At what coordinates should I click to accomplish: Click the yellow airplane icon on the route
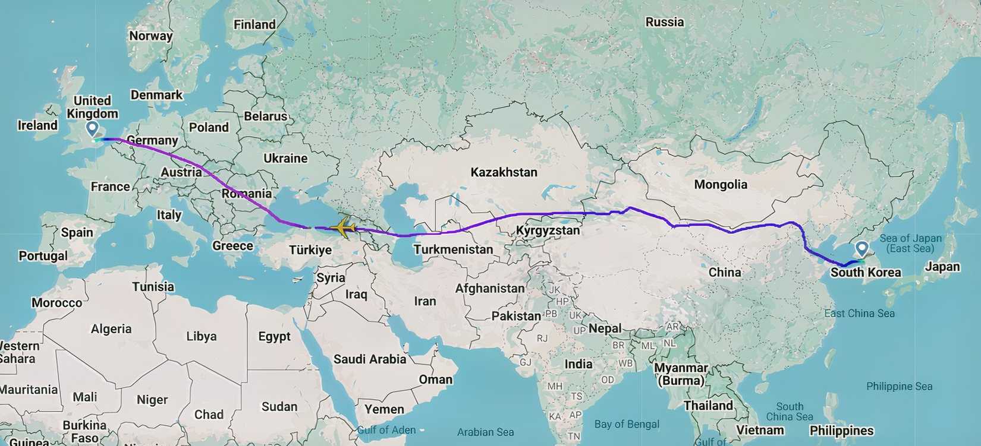click(x=343, y=227)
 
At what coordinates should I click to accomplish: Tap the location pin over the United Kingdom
click(x=92, y=128)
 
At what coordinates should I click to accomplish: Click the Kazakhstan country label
click(x=504, y=172)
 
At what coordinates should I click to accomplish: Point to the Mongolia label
click(x=721, y=185)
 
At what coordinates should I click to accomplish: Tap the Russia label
click(x=664, y=22)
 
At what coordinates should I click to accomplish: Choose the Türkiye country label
click(x=310, y=250)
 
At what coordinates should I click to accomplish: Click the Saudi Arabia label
click(x=369, y=359)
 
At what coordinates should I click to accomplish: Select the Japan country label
click(x=942, y=267)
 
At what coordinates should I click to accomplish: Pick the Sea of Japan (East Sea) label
click(x=910, y=243)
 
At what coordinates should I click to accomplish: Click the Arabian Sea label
click(x=485, y=432)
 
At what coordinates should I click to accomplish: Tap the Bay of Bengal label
click(x=627, y=424)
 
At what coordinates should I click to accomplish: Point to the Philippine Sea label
click(x=899, y=387)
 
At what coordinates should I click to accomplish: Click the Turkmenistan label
click(x=453, y=249)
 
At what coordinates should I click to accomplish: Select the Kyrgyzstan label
click(x=548, y=230)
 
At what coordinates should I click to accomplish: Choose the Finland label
click(x=254, y=24)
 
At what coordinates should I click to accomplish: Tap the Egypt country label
click(x=274, y=337)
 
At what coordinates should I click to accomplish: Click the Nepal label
click(x=605, y=328)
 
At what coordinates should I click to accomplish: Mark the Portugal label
click(x=43, y=256)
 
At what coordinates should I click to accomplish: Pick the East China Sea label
click(x=859, y=313)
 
